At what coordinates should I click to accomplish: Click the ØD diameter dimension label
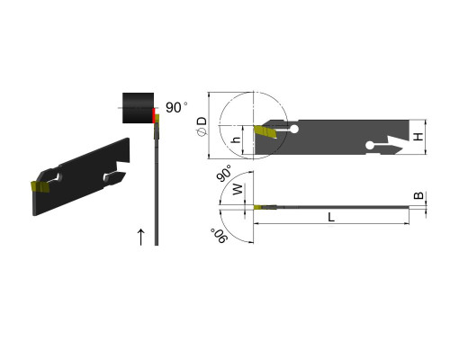203,126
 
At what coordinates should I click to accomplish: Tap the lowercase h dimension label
237,139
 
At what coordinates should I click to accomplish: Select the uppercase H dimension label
418,137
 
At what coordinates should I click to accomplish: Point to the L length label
331,217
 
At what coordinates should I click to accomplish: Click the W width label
238,190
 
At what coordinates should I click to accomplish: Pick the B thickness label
418,195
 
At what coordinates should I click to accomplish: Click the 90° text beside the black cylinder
176,107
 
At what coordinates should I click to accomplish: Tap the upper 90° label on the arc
225,173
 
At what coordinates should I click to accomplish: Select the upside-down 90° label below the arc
219,236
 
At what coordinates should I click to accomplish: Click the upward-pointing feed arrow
141,237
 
